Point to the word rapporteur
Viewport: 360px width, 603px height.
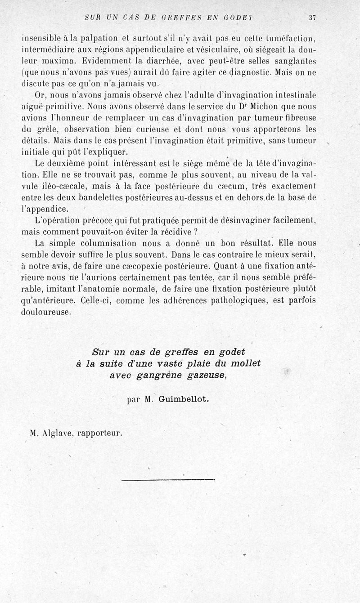[x=100, y=434]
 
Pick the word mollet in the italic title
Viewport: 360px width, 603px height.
[x=245, y=363]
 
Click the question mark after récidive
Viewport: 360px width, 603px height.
[x=196, y=232]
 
